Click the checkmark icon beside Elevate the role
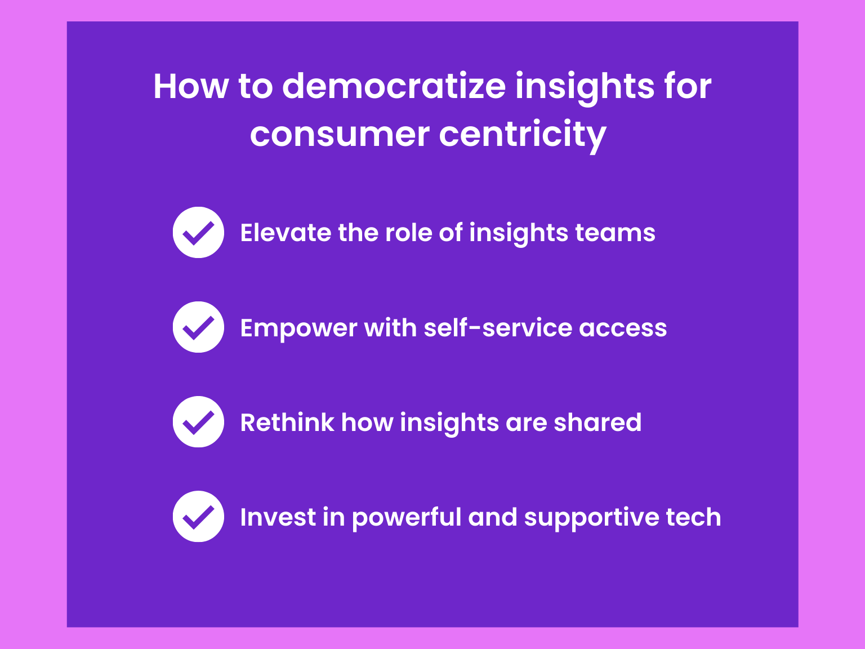(198, 233)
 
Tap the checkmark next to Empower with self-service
(198, 327)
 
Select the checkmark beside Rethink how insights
(198, 421)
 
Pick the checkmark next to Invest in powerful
(198, 516)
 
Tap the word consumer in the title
(340, 135)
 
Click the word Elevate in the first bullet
(286, 233)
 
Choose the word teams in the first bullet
(615, 233)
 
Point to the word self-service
(498, 327)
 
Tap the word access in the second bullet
(623, 328)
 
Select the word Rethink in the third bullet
(287, 423)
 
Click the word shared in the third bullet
(598, 423)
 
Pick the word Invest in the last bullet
(278, 517)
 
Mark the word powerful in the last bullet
(406, 518)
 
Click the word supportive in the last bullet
(591, 518)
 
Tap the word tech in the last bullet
(694, 517)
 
